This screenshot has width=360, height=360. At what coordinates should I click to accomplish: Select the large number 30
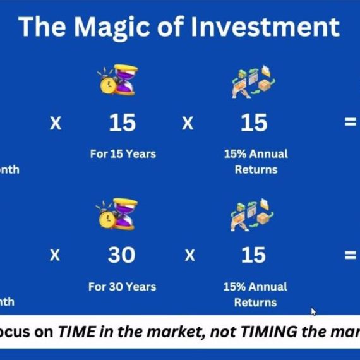tap(121, 255)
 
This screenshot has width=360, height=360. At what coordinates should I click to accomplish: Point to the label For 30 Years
tap(121, 287)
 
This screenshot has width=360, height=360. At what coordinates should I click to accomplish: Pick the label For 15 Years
tap(122, 153)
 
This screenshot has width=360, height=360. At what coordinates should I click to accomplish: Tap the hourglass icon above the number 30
tap(117, 215)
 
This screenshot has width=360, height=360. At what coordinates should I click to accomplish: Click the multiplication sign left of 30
tap(56, 255)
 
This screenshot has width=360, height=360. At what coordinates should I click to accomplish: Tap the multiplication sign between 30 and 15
tap(188, 255)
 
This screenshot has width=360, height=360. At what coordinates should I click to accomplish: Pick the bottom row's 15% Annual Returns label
tap(255, 294)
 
